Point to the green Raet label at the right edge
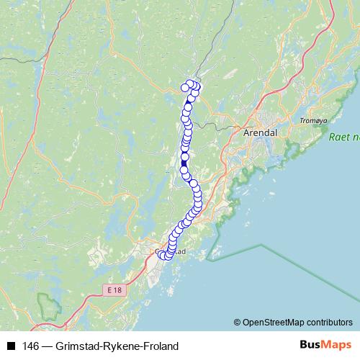pos(343,136)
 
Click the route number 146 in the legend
pos(30,346)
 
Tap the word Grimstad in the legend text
pos(78,346)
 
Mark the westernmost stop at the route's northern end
pos(185,88)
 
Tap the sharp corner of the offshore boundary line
pos(261,246)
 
